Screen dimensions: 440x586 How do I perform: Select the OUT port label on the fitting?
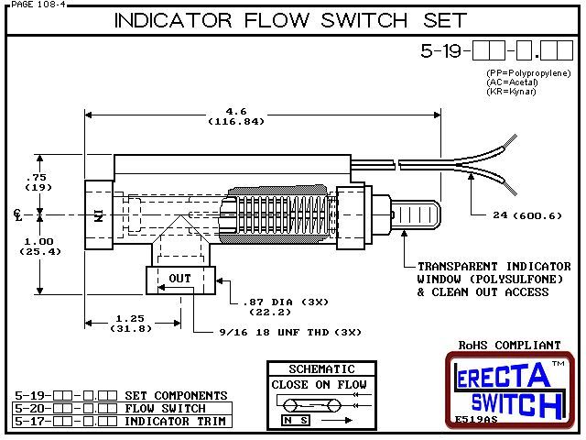[x=179, y=277]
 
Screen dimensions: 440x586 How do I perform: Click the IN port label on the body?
[x=96, y=216]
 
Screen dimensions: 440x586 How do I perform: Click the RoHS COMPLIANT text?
[x=508, y=346]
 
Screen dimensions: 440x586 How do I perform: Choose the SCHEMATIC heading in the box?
[x=318, y=368]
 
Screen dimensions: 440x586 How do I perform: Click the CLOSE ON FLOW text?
[x=319, y=384]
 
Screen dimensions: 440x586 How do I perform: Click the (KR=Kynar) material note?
[x=512, y=93]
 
